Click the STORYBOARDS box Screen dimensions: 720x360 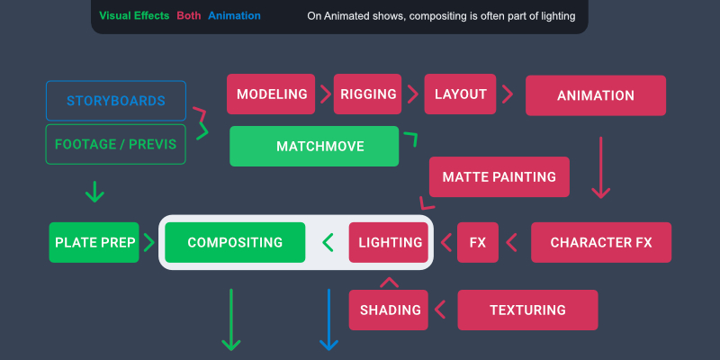pos(116,101)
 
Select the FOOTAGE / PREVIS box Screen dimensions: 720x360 pos(116,144)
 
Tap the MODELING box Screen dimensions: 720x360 pos(271,94)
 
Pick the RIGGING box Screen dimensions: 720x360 pos(367,94)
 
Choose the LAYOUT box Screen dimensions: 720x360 pos(460,94)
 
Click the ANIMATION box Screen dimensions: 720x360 pos(596,95)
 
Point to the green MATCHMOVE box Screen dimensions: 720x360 pos(314,146)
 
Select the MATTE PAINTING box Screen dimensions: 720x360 pos(499,176)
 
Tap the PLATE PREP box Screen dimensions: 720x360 pos(94,242)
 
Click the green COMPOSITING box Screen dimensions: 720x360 pos(235,242)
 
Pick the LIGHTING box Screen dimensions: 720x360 pos(389,242)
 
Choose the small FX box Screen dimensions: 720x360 pos(478,242)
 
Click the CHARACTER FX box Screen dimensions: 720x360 pos(601,242)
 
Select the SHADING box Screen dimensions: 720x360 pos(389,310)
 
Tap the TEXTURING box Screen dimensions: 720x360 pos(527,310)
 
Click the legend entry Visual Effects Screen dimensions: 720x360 pos(134,15)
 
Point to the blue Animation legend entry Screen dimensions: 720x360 pos(234,15)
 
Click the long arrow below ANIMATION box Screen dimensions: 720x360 pos(600,167)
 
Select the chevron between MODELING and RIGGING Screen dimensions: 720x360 pos(326,94)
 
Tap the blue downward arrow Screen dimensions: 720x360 pos(328,319)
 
